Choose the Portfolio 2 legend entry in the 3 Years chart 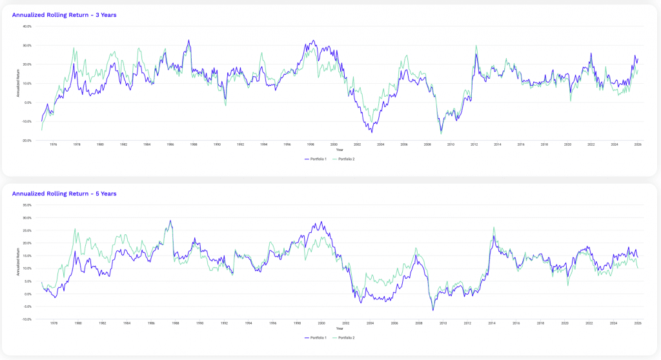345,158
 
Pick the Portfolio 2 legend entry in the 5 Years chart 345,337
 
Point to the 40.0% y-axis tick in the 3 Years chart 27,26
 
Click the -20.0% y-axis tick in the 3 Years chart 27,140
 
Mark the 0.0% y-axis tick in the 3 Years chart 28,102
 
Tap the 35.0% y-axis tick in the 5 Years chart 27,205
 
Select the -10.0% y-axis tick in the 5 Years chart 27,319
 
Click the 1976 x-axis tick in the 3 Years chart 53,145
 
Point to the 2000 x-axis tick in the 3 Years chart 334,145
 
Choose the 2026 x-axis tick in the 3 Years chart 637,145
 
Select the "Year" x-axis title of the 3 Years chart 340,149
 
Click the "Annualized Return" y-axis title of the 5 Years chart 18,262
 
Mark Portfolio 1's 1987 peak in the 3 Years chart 188,40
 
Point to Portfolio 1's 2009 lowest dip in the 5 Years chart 433,310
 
